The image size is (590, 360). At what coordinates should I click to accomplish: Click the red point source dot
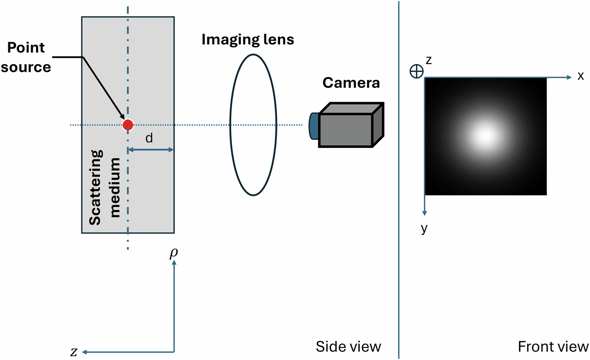[x=128, y=125]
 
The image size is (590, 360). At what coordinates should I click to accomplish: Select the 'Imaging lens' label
[x=248, y=40]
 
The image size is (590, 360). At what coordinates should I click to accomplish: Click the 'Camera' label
[x=351, y=82]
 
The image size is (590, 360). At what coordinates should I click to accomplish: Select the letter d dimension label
[x=149, y=138]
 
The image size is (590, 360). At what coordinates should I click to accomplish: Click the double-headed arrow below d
[x=150, y=150]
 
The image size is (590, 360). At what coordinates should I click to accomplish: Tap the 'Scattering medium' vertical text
[x=105, y=187]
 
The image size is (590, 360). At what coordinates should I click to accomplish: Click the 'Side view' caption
[x=348, y=347]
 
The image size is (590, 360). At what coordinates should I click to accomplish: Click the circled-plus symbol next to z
[x=417, y=71]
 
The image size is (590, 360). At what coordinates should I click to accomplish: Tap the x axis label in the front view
[x=581, y=76]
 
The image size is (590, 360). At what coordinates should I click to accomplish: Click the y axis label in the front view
[x=424, y=228]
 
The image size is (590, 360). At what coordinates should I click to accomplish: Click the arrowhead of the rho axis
[x=174, y=264]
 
